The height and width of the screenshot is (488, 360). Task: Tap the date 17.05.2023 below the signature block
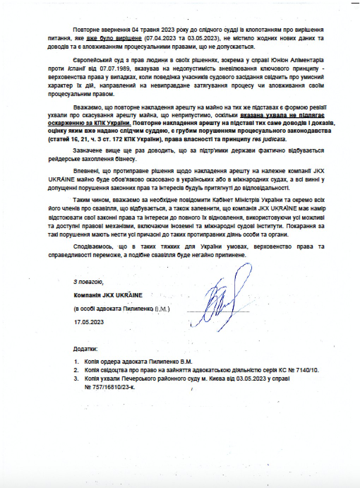(x=89, y=322)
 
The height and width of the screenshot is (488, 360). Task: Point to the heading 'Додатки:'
(x=85, y=349)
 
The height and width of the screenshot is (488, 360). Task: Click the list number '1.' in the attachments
(x=76, y=362)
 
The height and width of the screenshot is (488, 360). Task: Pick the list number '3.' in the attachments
(x=76, y=379)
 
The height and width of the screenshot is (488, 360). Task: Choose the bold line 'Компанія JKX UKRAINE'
(x=108, y=295)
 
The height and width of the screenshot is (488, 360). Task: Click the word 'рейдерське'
(x=62, y=159)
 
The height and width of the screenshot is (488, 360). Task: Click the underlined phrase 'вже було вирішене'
(x=114, y=38)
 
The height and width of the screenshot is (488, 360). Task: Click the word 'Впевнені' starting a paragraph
(x=84, y=171)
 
